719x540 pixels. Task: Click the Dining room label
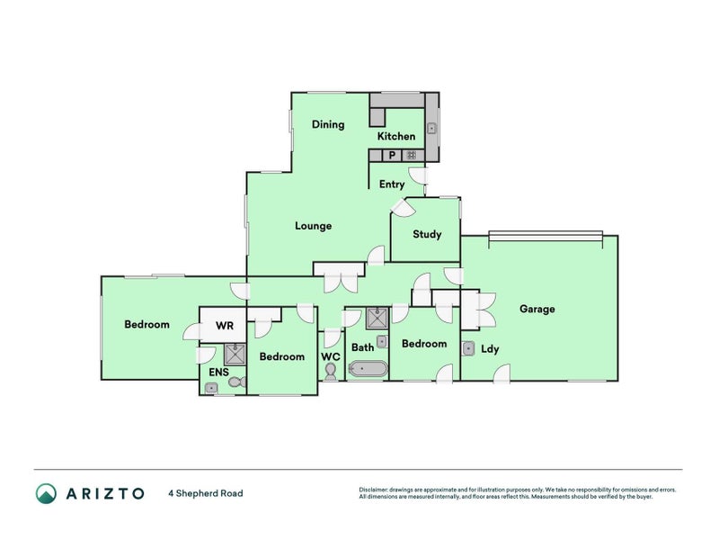click(x=328, y=124)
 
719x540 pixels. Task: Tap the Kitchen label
click(x=396, y=136)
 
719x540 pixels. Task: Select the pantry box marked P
click(x=392, y=155)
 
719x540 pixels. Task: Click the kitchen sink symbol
click(x=431, y=129)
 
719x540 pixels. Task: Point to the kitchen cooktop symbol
click(x=412, y=155)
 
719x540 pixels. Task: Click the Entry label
click(x=392, y=184)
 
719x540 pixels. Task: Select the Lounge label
click(x=313, y=226)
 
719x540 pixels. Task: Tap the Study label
click(x=427, y=234)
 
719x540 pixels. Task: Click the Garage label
click(x=537, y=309)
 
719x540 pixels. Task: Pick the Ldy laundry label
click(x=490, y=349)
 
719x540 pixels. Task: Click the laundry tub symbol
click(x=468, y=349)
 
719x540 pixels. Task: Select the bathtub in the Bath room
click(x=368, y=369)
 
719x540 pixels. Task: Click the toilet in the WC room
click(x=330, y=372)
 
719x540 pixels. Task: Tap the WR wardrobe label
click(x=225, y=326)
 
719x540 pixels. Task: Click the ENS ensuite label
click(x=218, y=372)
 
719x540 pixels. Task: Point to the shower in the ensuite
click(x=235, y=355)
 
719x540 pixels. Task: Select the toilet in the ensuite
click(x=237, y=382)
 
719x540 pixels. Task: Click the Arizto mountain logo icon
click(x=47, y=493)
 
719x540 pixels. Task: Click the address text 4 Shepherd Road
click(x=206, y=493)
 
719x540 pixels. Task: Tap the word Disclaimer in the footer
click(x=373, y=490)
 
